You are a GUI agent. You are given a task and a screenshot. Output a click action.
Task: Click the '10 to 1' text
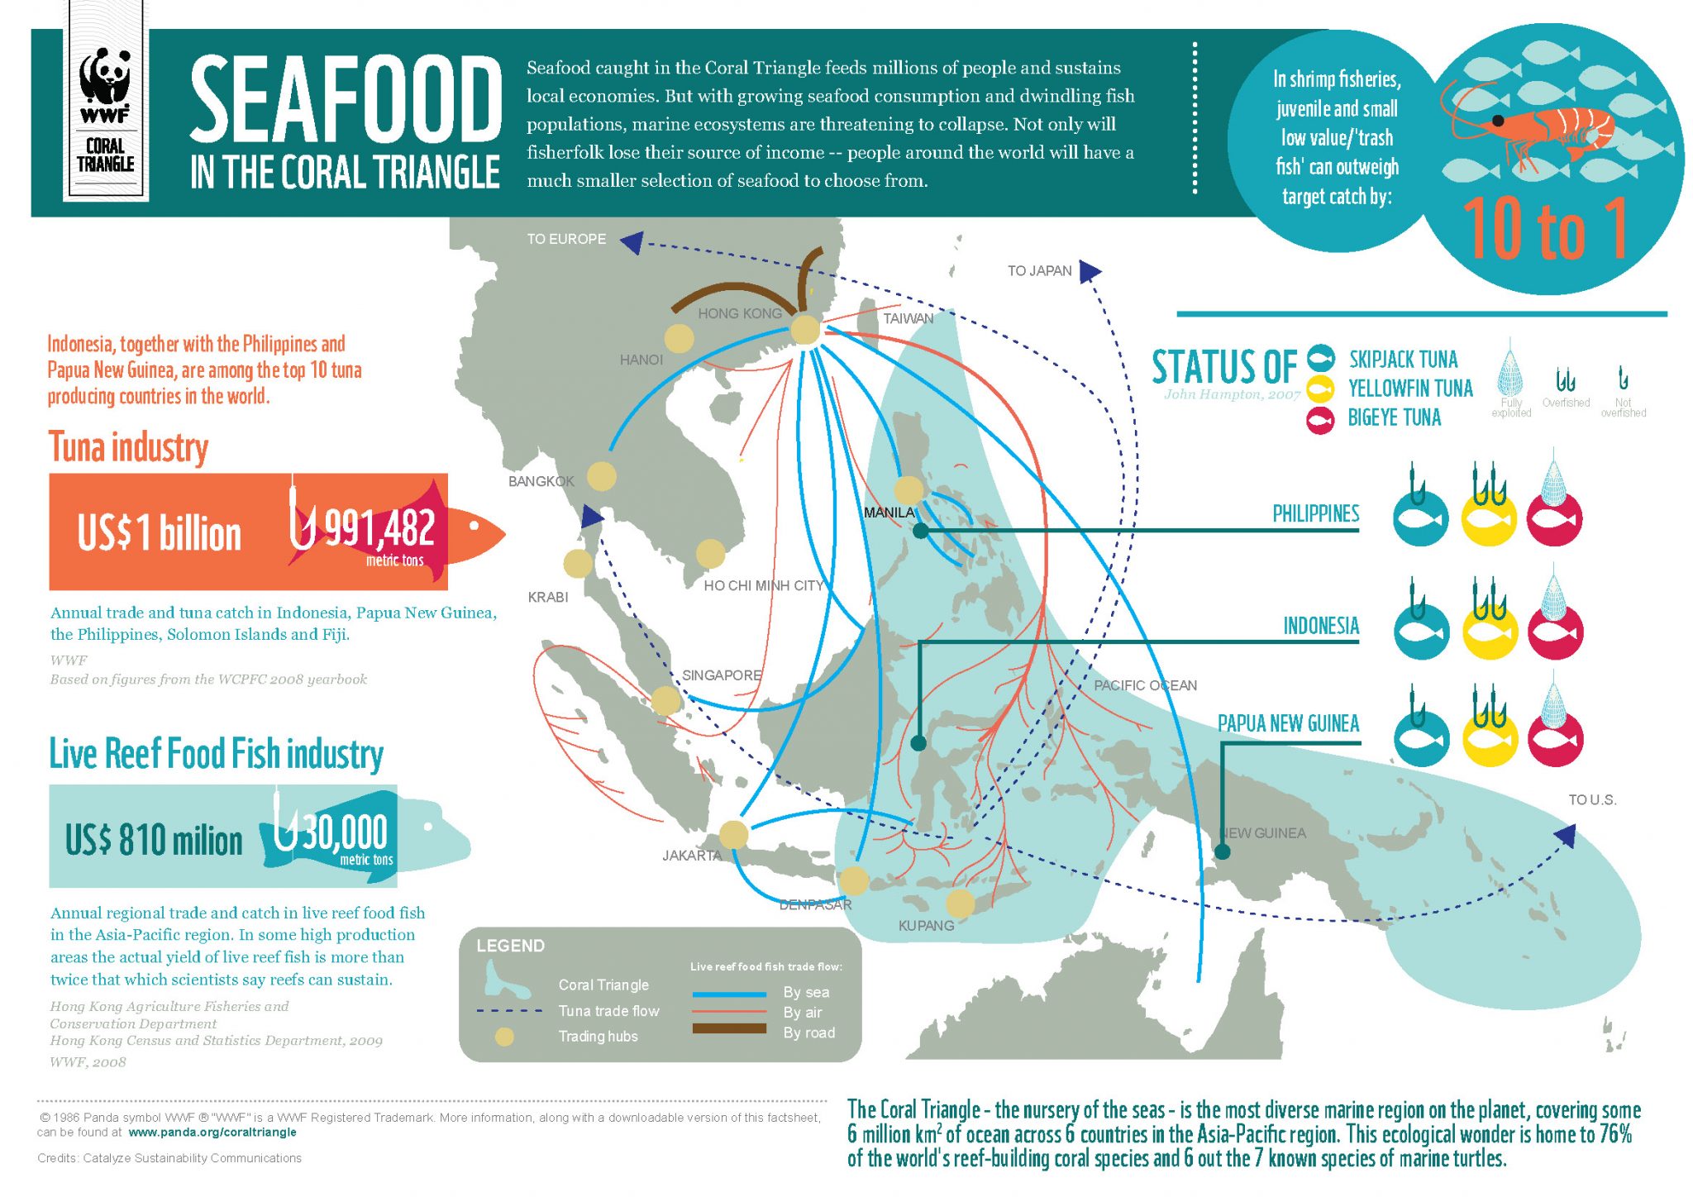(1545, 229)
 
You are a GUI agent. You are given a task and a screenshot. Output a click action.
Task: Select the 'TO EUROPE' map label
(566, 239)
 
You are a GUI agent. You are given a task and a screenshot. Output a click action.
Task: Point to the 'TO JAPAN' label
(1039, 270)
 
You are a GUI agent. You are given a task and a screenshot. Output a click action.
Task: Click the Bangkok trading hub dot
(602, 476)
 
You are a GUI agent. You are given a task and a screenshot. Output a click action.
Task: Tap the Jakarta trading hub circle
(733, 834)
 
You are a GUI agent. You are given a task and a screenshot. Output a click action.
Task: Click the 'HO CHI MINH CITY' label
(763, 585)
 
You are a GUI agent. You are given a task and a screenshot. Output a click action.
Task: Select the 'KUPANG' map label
(926, 925)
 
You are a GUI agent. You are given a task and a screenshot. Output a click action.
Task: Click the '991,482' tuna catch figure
(379, 528)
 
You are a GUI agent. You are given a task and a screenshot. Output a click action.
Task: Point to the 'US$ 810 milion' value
(154, 840)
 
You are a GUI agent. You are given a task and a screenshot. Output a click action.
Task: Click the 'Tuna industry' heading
(128, 447)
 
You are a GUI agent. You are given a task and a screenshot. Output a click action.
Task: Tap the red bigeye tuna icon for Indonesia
(1555, 632)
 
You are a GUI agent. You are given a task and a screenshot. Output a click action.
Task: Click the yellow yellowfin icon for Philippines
(1489, 519)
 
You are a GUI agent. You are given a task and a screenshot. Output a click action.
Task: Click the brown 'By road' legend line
(728, 1028)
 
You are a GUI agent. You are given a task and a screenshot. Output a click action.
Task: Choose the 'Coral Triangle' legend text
(603, 985)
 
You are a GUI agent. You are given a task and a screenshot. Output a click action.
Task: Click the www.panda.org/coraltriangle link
(212, 1132)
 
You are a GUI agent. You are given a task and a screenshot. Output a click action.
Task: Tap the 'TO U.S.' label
(1592, 799)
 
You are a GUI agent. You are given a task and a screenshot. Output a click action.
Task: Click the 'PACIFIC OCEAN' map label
(1145, 685)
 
